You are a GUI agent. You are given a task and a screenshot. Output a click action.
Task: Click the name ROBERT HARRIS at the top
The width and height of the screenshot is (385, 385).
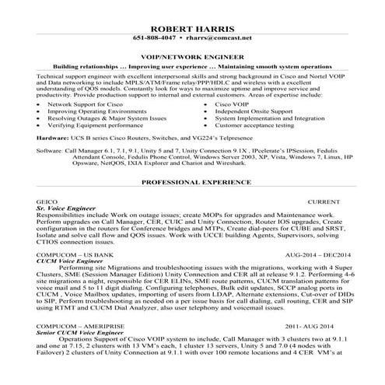pyautogui.click(x=192, y=25)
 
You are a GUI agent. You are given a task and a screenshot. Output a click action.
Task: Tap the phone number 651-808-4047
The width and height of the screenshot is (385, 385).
pyautogui.click(x=154, y=37)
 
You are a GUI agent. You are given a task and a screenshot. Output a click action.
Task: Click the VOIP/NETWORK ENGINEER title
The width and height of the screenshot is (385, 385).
pyautogui.click(x=192, y=57)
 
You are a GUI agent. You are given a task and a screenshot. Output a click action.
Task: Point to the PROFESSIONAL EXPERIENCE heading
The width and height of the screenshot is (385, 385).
pyautogui.click(x=192, y=183)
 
